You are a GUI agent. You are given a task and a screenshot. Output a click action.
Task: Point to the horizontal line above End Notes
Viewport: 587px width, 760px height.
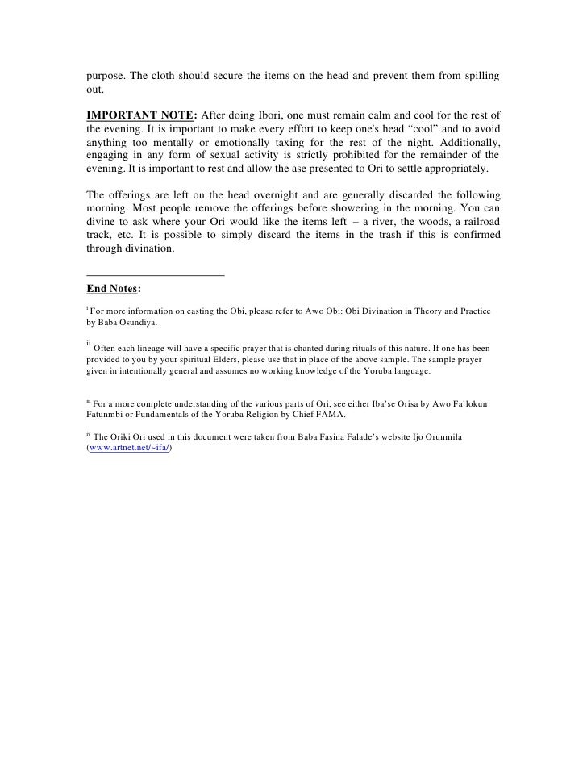[155, 277]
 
